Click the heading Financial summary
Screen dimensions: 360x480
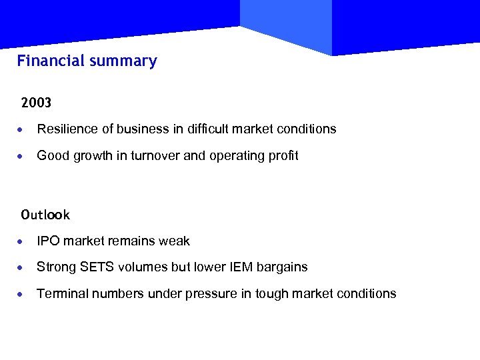coord(87,61)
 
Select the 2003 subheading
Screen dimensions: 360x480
coord(36,103)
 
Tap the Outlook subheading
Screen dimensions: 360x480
coord(45,215)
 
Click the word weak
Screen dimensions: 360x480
coord(175,241)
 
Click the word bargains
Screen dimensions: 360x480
coord(283,267)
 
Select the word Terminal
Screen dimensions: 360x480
coord(59,294)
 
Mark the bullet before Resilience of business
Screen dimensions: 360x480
coord(23,129)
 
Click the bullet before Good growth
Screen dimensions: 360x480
coord(23,157)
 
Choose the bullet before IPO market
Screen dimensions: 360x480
coord(23,241)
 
